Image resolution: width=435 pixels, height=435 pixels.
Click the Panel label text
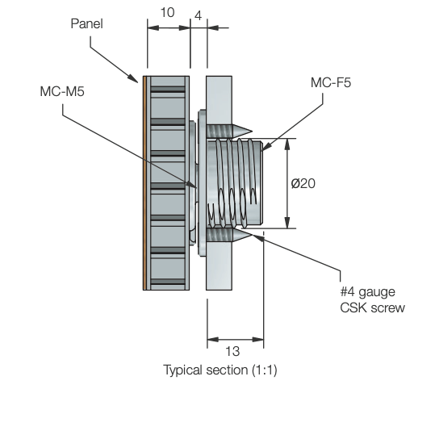86,23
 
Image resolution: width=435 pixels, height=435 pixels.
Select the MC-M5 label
62,91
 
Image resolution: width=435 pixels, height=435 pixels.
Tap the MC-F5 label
331,82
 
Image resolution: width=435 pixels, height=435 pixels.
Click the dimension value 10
168,14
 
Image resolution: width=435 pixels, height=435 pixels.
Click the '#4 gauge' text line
366,292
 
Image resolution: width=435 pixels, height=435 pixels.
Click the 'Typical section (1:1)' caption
220,370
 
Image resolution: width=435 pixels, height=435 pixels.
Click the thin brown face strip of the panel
144,182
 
